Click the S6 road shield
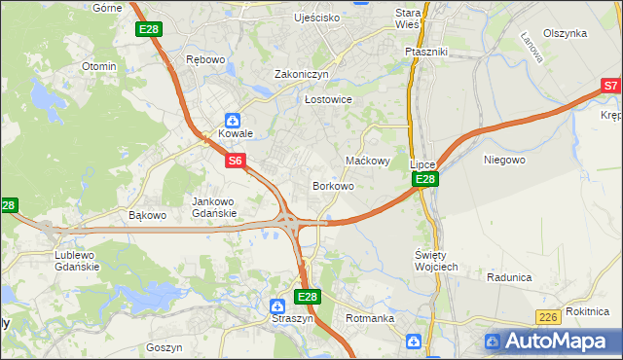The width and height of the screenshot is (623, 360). [235, 161]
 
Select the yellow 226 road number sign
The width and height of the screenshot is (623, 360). [548, 318]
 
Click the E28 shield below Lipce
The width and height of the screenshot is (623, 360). [425, 180]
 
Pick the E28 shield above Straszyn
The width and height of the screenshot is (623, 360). [307, 297]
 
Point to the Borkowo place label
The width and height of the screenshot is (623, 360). [333, 186]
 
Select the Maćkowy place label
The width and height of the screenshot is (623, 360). [368, 161]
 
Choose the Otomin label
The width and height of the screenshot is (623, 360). [99, 66]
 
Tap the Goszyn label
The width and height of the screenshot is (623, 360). [164, 347]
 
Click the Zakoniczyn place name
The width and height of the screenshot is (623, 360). [302, 74]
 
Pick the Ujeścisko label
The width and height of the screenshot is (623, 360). [317, 18]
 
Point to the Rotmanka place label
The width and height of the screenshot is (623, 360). [370, 318]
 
